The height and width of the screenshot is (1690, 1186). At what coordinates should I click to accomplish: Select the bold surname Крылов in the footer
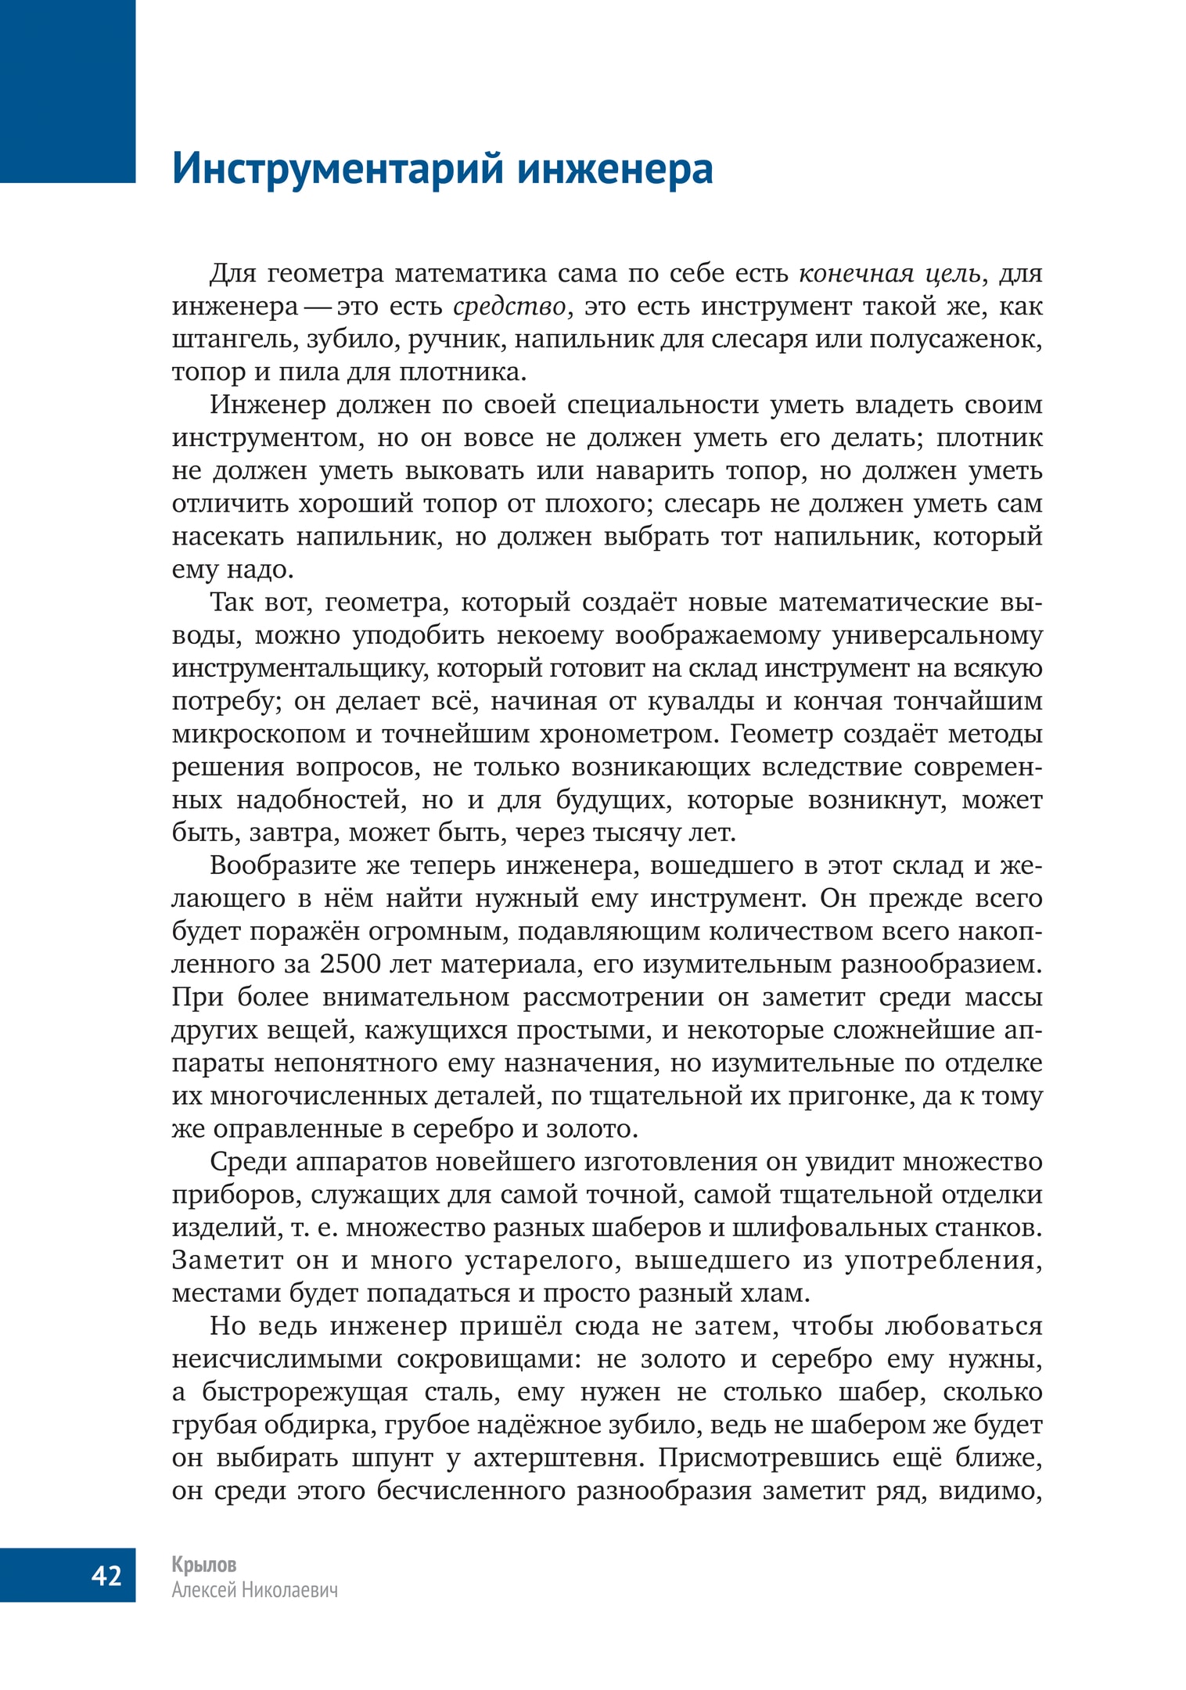pos(204,1564)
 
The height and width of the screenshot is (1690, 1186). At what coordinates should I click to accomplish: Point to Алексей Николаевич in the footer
pos(255,1589)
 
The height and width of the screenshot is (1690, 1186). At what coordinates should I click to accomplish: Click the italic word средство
pos(509,307)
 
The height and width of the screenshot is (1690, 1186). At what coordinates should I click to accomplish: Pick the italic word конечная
pos(856,274)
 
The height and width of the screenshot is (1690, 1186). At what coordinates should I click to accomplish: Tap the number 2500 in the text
pos(351,964)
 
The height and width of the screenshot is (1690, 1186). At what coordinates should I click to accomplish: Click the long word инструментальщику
pos(299,668)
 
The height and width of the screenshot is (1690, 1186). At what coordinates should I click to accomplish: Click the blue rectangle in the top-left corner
pos(67,90)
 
